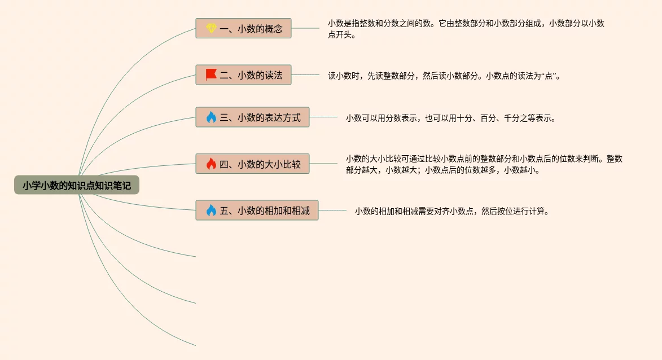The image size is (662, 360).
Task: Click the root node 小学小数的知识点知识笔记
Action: (x=77, y=185)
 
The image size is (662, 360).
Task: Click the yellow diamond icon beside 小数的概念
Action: (x=211, y=28)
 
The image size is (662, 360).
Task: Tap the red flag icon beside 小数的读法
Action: (x=211, y=74)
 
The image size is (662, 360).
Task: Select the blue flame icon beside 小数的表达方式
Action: (x=211, y=117)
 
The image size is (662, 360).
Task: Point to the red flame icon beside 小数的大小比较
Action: (x=211, y=164)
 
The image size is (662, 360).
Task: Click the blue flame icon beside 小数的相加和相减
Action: (x=211, y=210)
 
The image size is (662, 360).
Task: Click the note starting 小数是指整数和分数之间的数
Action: (x=466, y=29)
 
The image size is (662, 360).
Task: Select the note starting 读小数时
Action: (x=444, y=75)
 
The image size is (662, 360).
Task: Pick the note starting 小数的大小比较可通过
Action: (x=484, y=164)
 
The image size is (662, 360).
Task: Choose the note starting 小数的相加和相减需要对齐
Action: (x=452, y=212)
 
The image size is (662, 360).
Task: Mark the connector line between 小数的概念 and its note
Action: (x=305, y=28)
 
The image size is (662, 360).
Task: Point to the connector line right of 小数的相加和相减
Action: (x=332, y=210)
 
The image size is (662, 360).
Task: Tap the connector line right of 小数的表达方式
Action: (x=323, y=117)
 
